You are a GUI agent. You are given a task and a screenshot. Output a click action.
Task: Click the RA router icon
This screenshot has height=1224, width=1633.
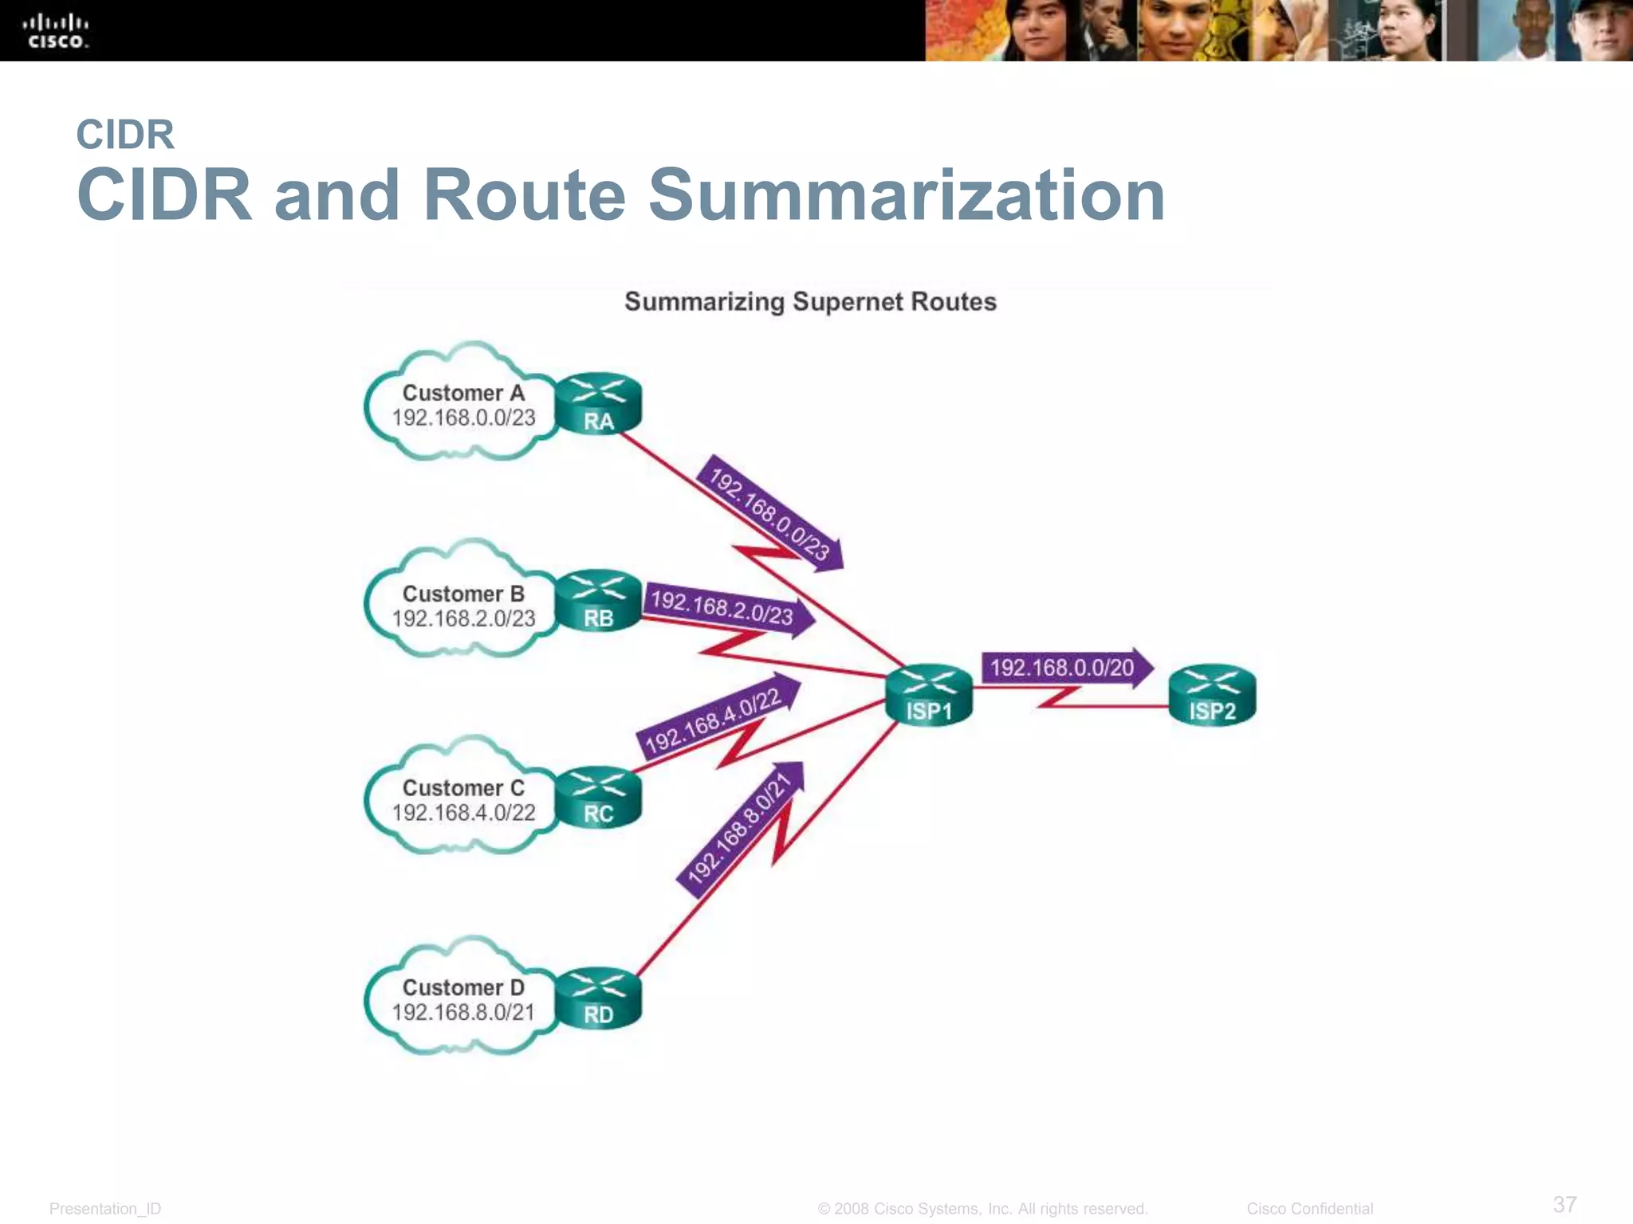coord(598,404)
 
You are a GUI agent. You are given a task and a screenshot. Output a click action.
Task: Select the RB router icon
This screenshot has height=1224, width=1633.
coord(598,601)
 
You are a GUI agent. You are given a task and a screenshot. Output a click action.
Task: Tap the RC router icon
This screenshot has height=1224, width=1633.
coord(598,797)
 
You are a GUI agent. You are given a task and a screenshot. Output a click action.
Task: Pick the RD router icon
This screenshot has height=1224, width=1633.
coord(598,998)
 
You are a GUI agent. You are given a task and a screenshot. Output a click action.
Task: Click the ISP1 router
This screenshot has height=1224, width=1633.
coord(929,695)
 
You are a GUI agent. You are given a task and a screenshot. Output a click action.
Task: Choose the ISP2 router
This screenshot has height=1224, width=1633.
coord(1212,695)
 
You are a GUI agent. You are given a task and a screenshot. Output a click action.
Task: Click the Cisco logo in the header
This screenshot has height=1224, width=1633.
coord(56,31)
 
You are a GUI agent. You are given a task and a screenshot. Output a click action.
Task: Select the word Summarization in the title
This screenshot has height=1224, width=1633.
coord(907,195)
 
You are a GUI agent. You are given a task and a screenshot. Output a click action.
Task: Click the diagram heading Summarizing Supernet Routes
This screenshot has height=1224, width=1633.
coord(810,302)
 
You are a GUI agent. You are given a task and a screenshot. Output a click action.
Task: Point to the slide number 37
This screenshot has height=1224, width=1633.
coord(1564,1204)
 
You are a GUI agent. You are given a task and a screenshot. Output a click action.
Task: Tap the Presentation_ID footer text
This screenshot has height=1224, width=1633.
coord(105,1209)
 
